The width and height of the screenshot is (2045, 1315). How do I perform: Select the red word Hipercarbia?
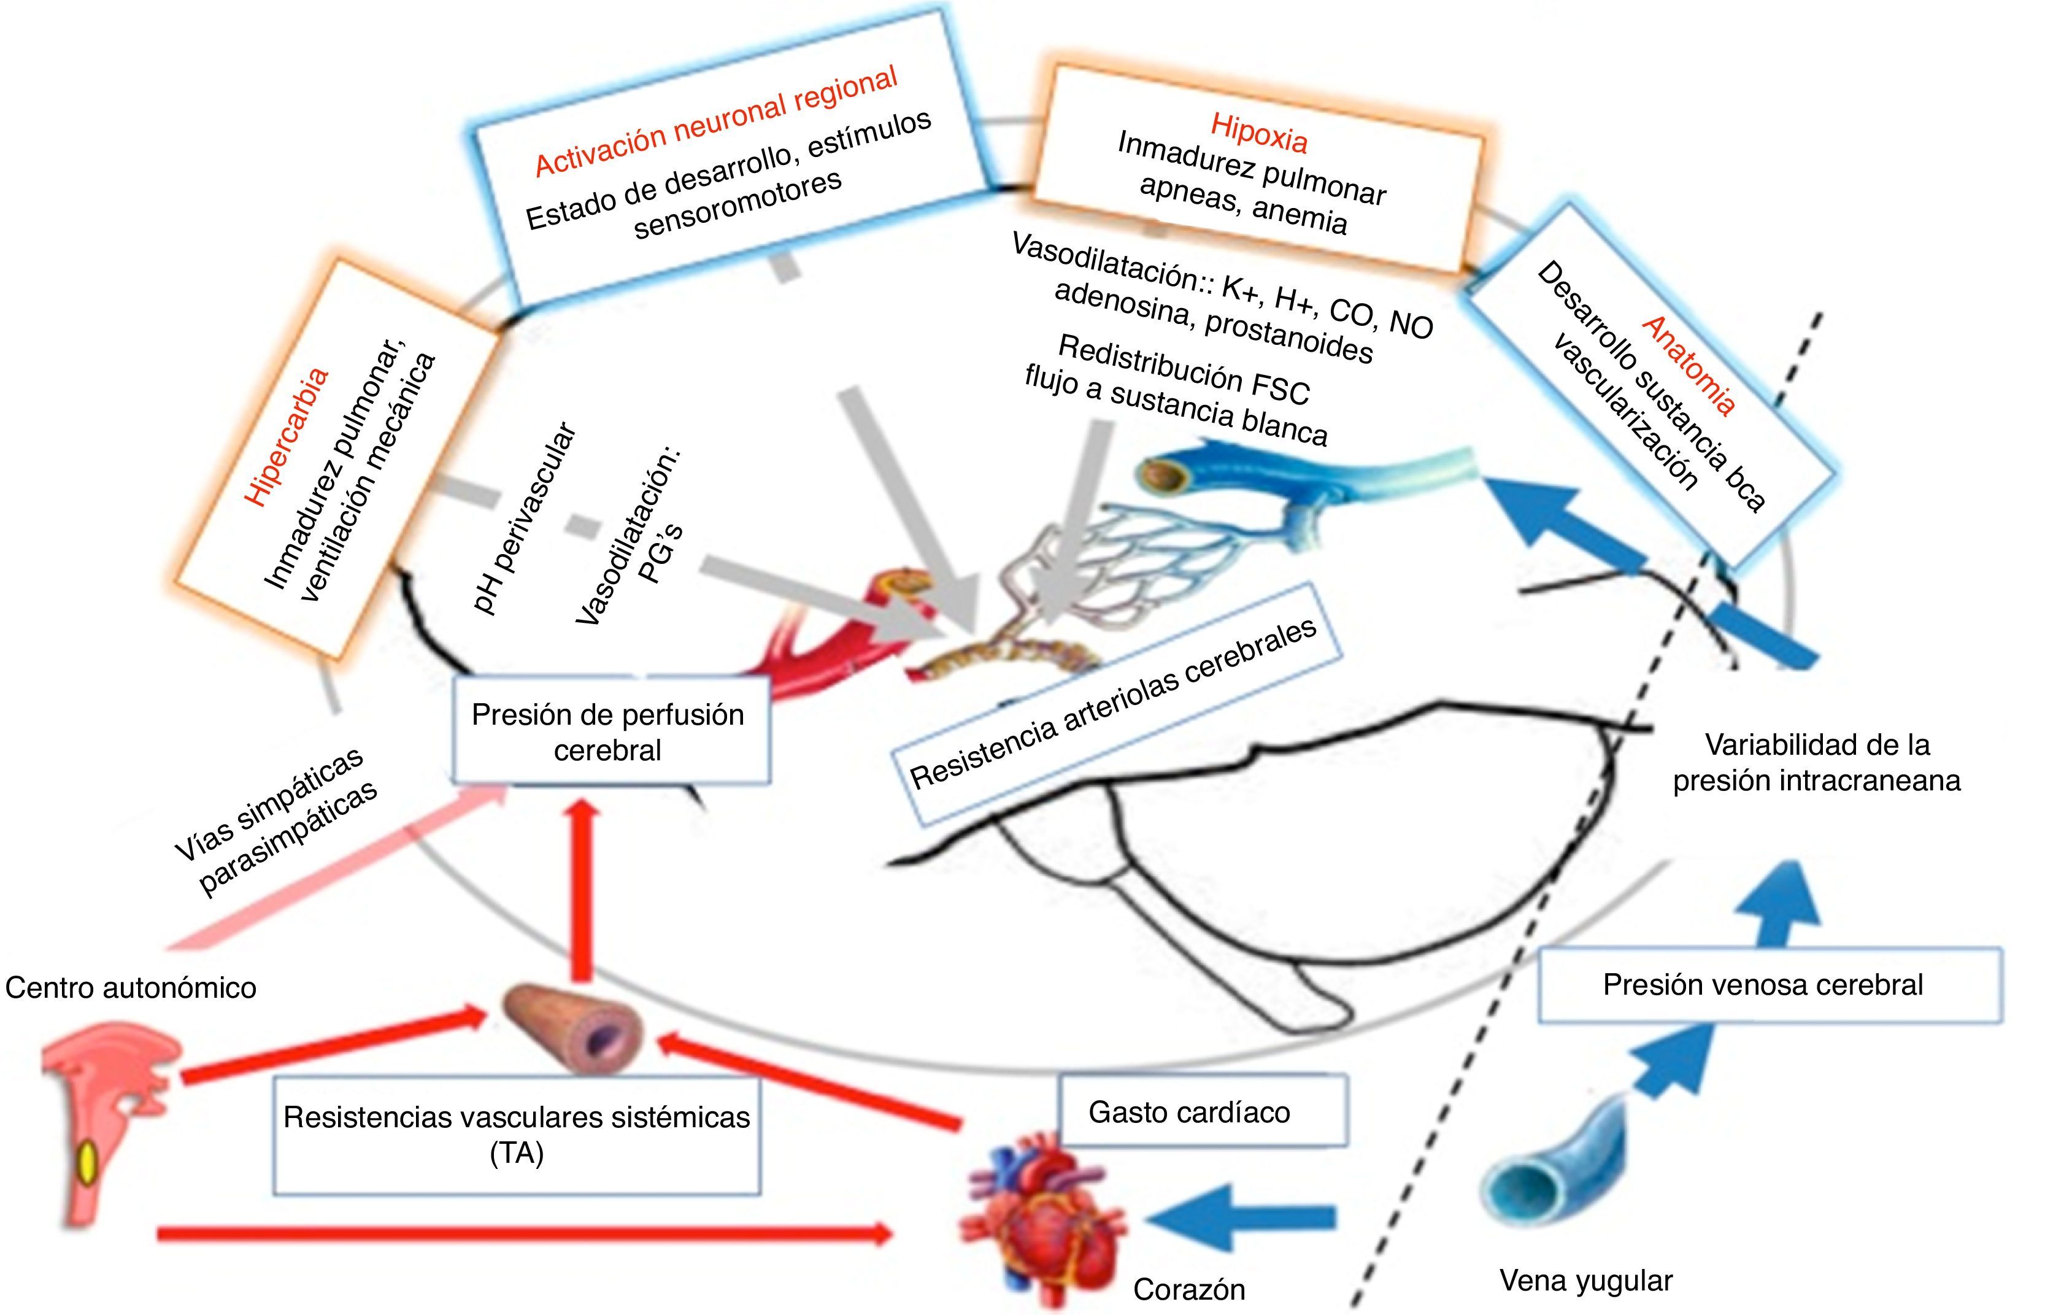pos(285,437)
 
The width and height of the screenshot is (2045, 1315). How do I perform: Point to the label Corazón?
pos(1188,1289)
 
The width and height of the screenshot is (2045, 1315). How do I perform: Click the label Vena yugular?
pos(1585,1281)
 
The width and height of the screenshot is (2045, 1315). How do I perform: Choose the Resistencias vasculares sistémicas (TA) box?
pos(517,1135)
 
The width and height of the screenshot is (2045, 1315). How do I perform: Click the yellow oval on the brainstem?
pos(88,1163)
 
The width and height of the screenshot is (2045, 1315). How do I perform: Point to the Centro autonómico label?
pos(131,988)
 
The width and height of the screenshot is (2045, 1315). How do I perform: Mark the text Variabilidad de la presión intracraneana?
pos(1817,763)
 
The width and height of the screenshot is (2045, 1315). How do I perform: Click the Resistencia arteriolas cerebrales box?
pos(1114,704)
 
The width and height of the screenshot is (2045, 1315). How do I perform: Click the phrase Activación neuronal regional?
pos(715,122)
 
